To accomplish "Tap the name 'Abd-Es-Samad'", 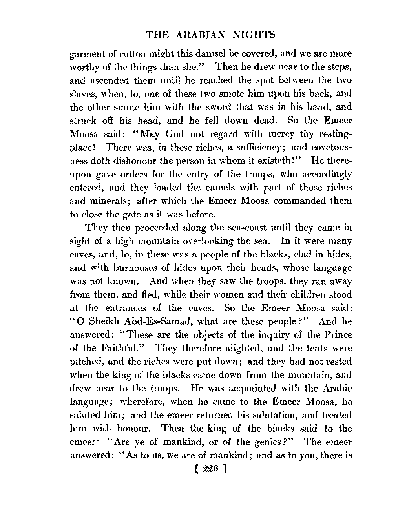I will tap(154, 321).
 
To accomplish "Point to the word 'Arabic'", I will tap(337, 389).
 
